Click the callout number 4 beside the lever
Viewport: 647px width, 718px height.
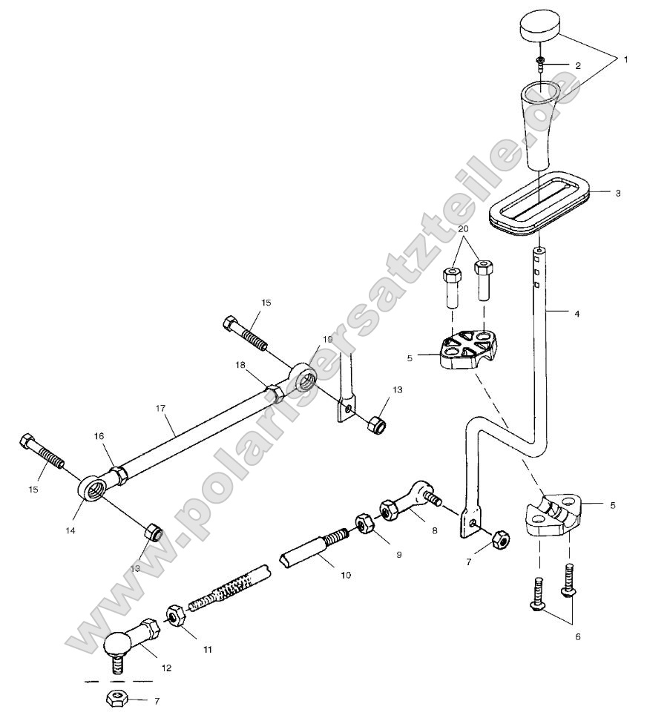click(x=577, y=314)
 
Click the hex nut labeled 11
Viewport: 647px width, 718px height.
click(x=176, y=616)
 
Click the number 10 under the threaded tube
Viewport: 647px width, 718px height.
click(x=325, y=575)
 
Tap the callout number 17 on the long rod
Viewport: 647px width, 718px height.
click(x=160, y=408)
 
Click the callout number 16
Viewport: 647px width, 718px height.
click(x=99, y=438)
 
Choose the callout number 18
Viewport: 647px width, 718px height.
click(x=240, y=365)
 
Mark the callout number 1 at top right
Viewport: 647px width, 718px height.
click(x=625, y=59)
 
